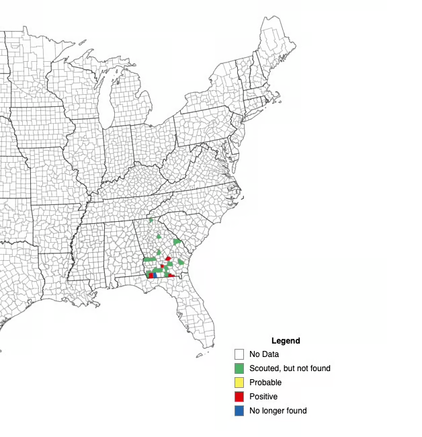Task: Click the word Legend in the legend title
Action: [x=286, y=341]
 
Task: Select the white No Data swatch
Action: [x=239, y=354]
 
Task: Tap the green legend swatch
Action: [x=239, y=368]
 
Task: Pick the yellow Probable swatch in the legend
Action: [x=239, y=383]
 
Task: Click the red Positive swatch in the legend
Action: [x=239, y=397]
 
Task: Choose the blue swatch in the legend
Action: [x=239, y=411]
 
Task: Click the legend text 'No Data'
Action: [x=264, y=354]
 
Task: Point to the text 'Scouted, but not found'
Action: [x=290, y=368]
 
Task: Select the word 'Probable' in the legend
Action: [x=265, y=383]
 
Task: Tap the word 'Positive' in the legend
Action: [x=263, y=397]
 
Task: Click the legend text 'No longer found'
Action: [x=278, y=411]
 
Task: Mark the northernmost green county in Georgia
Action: [x=151, y=220]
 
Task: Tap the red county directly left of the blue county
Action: [x=149, y=275]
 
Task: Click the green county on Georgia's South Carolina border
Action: [x=177, y=241]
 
